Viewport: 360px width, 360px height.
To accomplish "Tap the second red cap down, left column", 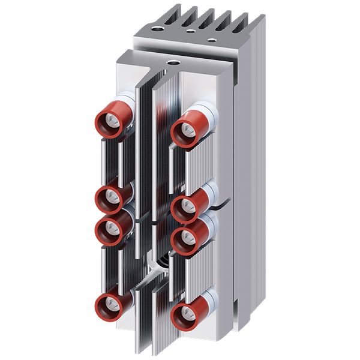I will click(109, 197).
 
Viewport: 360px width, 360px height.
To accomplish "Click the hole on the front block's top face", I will click(175, 61).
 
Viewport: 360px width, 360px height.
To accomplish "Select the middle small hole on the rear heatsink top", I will click(190, 31).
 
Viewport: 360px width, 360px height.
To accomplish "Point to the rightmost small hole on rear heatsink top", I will click(212, 40).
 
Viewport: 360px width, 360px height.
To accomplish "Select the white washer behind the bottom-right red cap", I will click(207, 300).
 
